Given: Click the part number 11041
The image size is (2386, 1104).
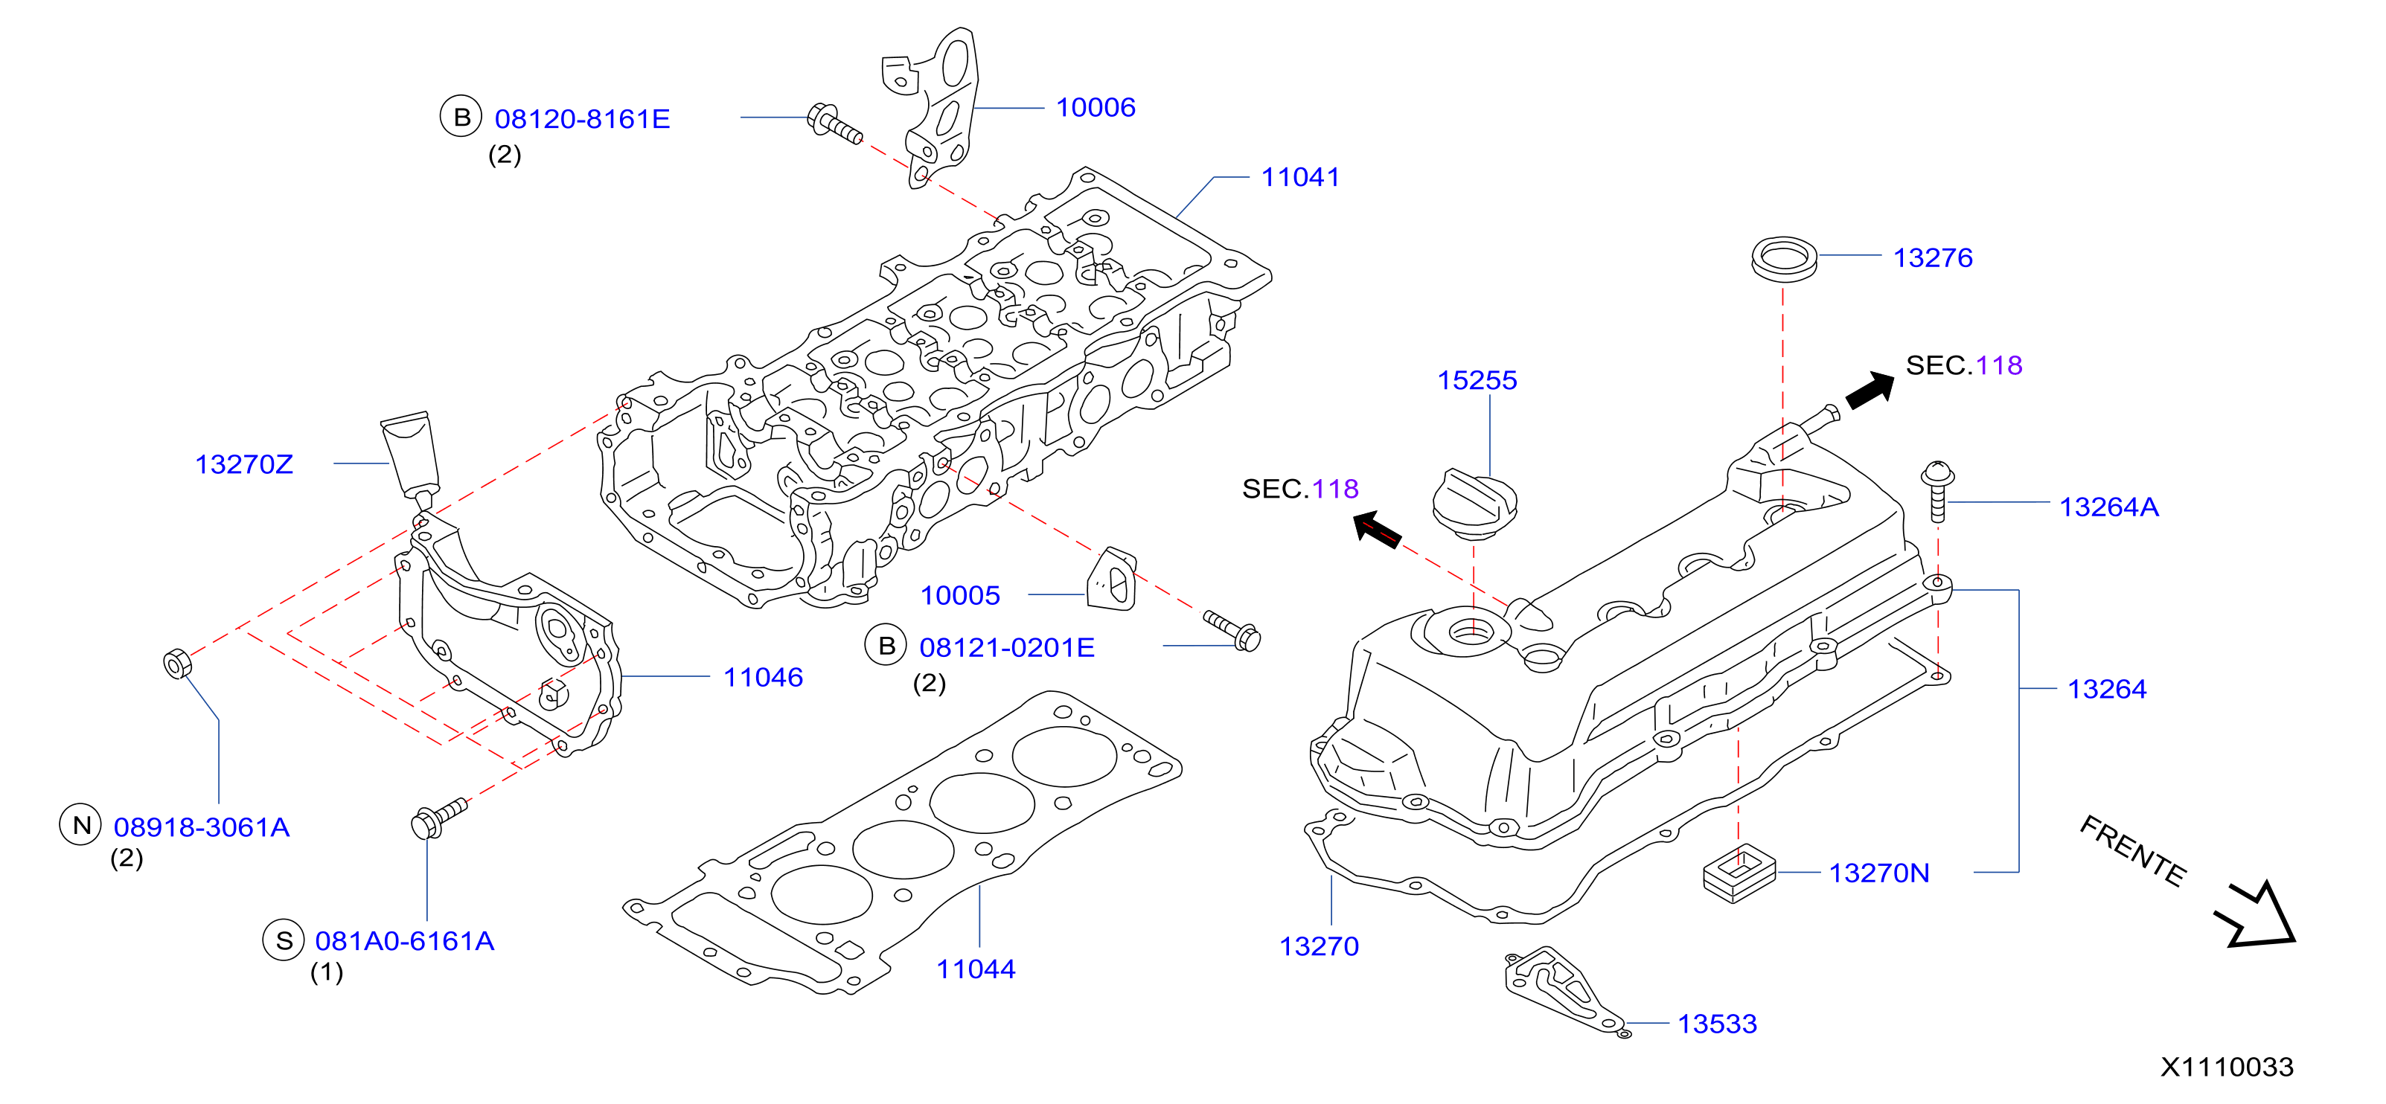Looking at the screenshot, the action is (x=1300, y=177).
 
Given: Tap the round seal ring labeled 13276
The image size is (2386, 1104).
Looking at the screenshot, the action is (x=1784, y=257).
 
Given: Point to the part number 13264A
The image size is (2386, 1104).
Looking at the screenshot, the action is (x=2109, y=507).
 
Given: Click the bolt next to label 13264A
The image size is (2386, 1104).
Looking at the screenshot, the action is (x=1936, y=491).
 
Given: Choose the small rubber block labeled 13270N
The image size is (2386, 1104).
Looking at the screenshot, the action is (x=1739, y=873).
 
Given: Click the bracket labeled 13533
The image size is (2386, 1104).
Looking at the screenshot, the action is (x=1564, y=989).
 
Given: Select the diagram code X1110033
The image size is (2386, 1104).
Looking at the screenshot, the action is (x=2227, y=1067).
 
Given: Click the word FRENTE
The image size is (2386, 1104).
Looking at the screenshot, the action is (x=2133, y=850).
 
